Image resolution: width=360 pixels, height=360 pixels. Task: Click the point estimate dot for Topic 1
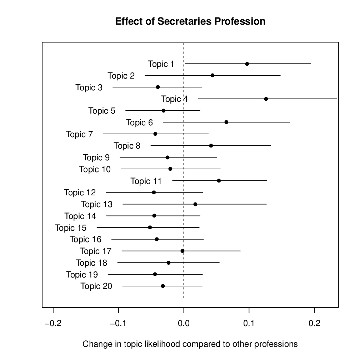(247, 64)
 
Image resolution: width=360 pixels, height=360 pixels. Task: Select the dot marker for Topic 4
(266, 99)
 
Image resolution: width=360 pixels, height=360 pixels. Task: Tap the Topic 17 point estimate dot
(182, 251)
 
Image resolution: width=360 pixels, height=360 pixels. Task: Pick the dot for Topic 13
(195, 204)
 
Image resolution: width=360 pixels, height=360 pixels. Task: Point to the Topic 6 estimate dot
(226, 122)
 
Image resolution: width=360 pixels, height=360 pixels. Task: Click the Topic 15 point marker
(150, 227)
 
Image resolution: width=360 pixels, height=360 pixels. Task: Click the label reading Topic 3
(89, 87)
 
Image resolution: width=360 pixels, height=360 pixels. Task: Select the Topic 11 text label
(146, 181)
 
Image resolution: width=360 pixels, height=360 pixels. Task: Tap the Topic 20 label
(96, 286)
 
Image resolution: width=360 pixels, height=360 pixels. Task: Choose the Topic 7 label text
(79, 134)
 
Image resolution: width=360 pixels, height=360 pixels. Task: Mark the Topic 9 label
(96, 157)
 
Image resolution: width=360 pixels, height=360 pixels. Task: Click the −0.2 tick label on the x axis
(53, 324)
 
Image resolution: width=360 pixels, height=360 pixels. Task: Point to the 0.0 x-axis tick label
(184, 324)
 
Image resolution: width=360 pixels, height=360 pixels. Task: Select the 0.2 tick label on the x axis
(314, 324)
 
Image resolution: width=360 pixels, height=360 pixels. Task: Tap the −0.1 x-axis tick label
(118, 324)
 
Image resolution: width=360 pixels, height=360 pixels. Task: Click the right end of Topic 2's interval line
(280, 75)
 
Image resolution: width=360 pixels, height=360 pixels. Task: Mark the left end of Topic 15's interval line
(97, 227)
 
